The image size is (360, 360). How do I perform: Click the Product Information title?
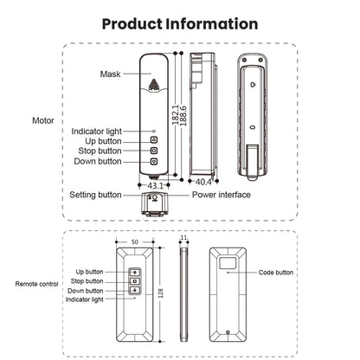click(x=180, y=23)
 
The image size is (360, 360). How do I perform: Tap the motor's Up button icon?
click(x=154, y=140)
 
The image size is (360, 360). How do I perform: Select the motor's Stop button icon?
click(x=154, y=151)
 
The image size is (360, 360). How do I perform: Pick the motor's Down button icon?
click(x=154, y=161)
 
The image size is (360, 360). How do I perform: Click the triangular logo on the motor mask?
click(x=154, y=85)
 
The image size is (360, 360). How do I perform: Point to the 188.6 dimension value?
click(x=183, y=116)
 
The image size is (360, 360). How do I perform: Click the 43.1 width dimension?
click(x=155, y=185)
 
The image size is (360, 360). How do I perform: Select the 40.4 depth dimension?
click(x=203, y=182)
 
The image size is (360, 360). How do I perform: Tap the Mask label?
click(x=110, y=74)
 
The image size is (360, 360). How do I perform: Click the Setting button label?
click(x=95, y=195)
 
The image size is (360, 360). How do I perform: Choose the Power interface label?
click(x=222, y=195)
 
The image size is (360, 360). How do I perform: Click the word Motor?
click(x=43, y=120)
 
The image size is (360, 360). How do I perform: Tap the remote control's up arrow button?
click(x=135, y=272)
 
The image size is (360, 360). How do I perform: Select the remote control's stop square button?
click(x=135, y=281)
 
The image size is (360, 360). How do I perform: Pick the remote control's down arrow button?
click(x=135, y=290)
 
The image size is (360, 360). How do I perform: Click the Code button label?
click(x=276, y=273)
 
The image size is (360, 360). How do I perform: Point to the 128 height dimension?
click(x=161, y=293)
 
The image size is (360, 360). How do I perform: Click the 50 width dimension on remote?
click(x=135, y=242)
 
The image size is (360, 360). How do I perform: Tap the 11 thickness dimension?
click(x=183, y=238)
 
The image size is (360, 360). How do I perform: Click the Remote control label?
click(x=36, y=284)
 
